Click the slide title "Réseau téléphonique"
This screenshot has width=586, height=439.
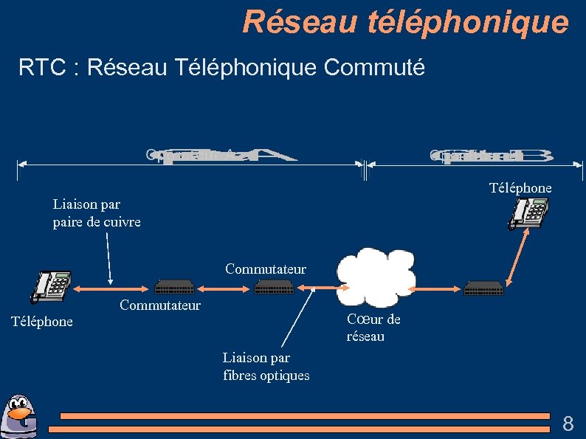click(x=405, y=22)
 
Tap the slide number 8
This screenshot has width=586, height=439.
click(x=568, y=424)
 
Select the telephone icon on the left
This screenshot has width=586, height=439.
click(x=50, y=287)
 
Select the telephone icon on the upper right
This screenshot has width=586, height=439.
click(x=528, y=215)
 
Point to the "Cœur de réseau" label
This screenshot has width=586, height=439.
click(x=373, y=328)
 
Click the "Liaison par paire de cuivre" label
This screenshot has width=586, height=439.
click(x=97, y=212)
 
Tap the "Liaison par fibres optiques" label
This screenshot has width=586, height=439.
click(x=266, y=367)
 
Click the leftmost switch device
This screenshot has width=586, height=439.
click(x=174, y=287)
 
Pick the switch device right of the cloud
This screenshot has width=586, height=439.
click(x=484, y=288)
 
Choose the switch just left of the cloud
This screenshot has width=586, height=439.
click(x=274, y=287)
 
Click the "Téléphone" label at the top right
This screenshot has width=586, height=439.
click(x=520, y=188)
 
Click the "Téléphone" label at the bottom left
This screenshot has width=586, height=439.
click(x=42, y=322)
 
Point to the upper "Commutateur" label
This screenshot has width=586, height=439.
click(x=266, y=269)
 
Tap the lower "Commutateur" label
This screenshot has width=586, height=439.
click(x=160, y=305)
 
